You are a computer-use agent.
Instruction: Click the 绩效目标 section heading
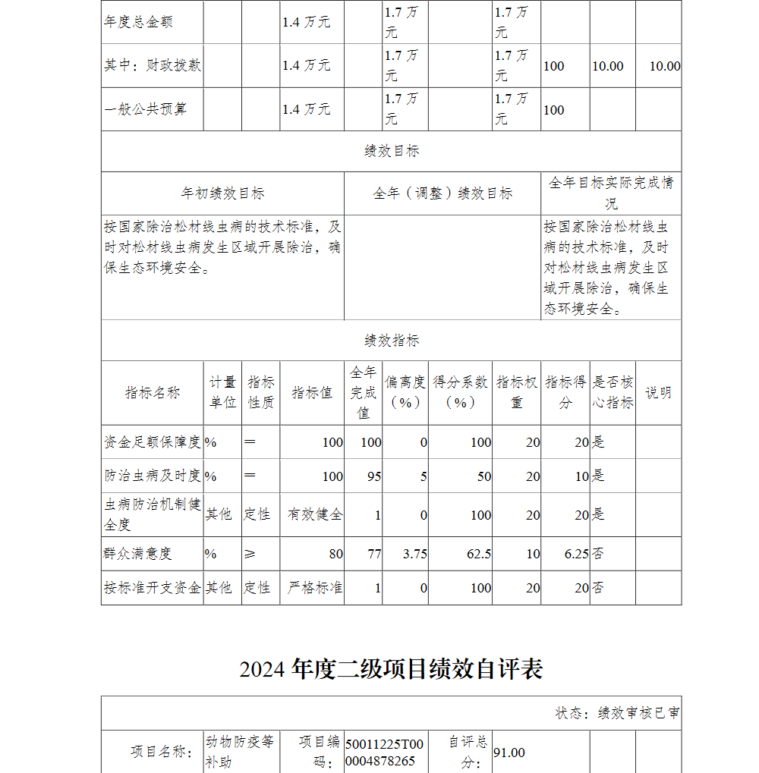pos(391,151)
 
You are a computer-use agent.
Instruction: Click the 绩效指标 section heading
pos(391,341)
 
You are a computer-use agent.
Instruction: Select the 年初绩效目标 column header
pos(222,193)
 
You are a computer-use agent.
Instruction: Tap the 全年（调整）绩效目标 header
pos(442,193)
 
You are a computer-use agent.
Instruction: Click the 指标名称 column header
pos(153,392)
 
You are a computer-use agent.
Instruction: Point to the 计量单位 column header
pos(222,392)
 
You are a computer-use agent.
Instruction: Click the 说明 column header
pos(658,392)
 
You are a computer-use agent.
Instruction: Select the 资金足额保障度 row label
pos(153,441)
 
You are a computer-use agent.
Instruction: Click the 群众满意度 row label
pos(138,554)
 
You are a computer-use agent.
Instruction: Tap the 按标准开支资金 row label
pos(153,588)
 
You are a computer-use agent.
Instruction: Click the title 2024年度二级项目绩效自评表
pos(391,669)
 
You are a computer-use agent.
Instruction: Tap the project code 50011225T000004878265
pos(384,753)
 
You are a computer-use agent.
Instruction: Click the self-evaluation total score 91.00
pos(509,753)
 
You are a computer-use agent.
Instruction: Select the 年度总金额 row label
pos(138,22)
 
